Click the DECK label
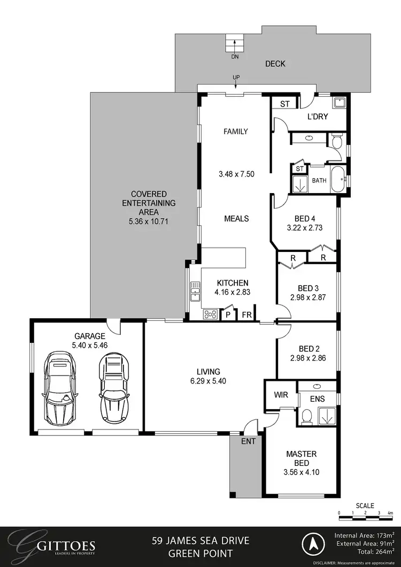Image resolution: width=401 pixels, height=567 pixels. (x=275, y=64)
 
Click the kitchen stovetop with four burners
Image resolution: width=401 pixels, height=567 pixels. (x=210, y=315)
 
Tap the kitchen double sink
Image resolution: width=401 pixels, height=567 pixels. (x=195, y=294)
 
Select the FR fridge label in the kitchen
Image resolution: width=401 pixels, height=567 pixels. (x=246, y=315)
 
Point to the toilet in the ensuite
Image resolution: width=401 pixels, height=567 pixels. (x=307, y=416)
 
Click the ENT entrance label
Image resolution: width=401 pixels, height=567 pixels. (x=248, y=441)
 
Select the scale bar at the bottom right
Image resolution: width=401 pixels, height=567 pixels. (x=366, y=513)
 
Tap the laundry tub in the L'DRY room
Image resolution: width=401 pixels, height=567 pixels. (x=339, y=103)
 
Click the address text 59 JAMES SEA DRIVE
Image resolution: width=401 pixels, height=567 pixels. (x=200, y=540)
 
